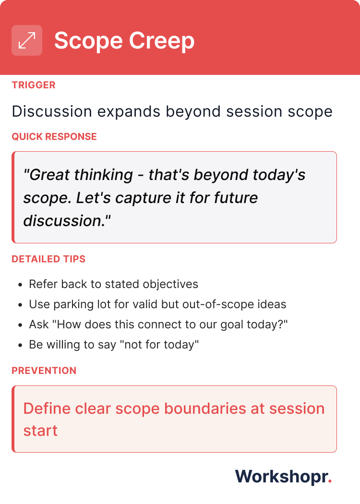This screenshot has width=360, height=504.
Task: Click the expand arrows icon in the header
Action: tap(27, 40)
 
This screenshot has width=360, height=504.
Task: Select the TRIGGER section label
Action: tap(34, 85)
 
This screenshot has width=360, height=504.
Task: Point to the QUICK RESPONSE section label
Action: tap(54, 137)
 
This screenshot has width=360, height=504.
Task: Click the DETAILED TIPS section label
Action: tap(48, 259)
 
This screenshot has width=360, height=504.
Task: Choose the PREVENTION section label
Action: tap(44, 371)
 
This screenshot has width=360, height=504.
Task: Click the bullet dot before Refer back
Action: tap(20, 285)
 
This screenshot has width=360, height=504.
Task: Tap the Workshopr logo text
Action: tap(281, 476)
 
